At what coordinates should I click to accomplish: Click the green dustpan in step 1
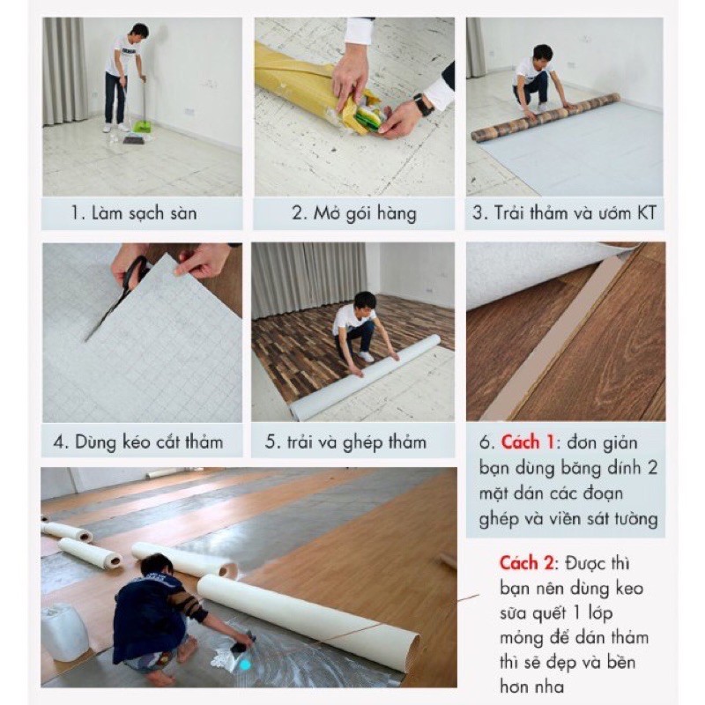(141, 126)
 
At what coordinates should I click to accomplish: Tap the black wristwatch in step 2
(423, 104)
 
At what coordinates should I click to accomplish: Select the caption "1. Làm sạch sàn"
(134, 212)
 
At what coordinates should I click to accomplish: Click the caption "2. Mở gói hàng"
(354, 213)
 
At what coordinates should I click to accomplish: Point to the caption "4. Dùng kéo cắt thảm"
(138, 442)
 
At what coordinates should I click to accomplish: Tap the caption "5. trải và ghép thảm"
(345, 442)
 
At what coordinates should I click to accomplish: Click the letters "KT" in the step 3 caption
(646, 212)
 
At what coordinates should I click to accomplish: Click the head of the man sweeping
(138, 32)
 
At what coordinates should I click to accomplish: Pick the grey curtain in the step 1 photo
(64, 71)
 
